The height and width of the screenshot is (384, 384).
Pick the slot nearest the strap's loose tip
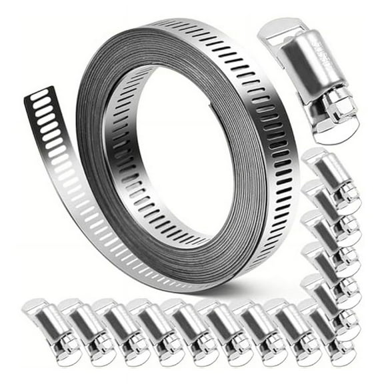(39, 95)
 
